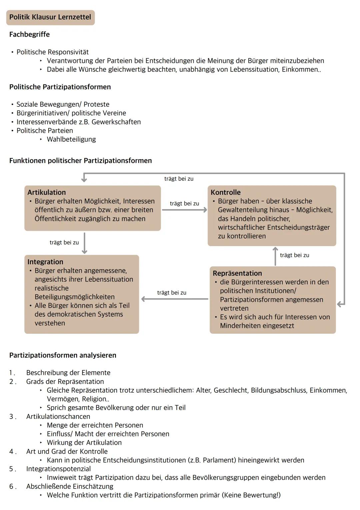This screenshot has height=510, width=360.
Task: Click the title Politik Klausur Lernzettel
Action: click(x=50, y=17)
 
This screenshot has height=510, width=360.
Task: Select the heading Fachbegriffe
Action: click(x=29, y=34)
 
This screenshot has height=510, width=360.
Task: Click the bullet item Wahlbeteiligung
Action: click(x=71, y=139)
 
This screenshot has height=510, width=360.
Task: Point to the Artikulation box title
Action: click(x=46, y=192)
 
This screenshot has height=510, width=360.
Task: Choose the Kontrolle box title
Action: click(x=225, y=192)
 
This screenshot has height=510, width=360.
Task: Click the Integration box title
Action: click(x=45, y=262)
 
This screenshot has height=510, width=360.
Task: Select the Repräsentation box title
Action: click(x=237, y=273)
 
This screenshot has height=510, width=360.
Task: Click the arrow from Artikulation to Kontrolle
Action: click(x=184, y=210)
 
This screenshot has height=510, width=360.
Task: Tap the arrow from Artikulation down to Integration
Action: click(x=84, y=243)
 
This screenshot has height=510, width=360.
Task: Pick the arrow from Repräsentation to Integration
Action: click(x=175, y=299)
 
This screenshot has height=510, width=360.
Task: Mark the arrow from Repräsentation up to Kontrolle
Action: click(x=275, y=256)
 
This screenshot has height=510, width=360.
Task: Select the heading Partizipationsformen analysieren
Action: click(x=63, y=355)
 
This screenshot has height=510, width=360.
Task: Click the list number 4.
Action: click(x=12, y=452)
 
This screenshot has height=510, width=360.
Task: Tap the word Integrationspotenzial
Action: click(x=58, y=469)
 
